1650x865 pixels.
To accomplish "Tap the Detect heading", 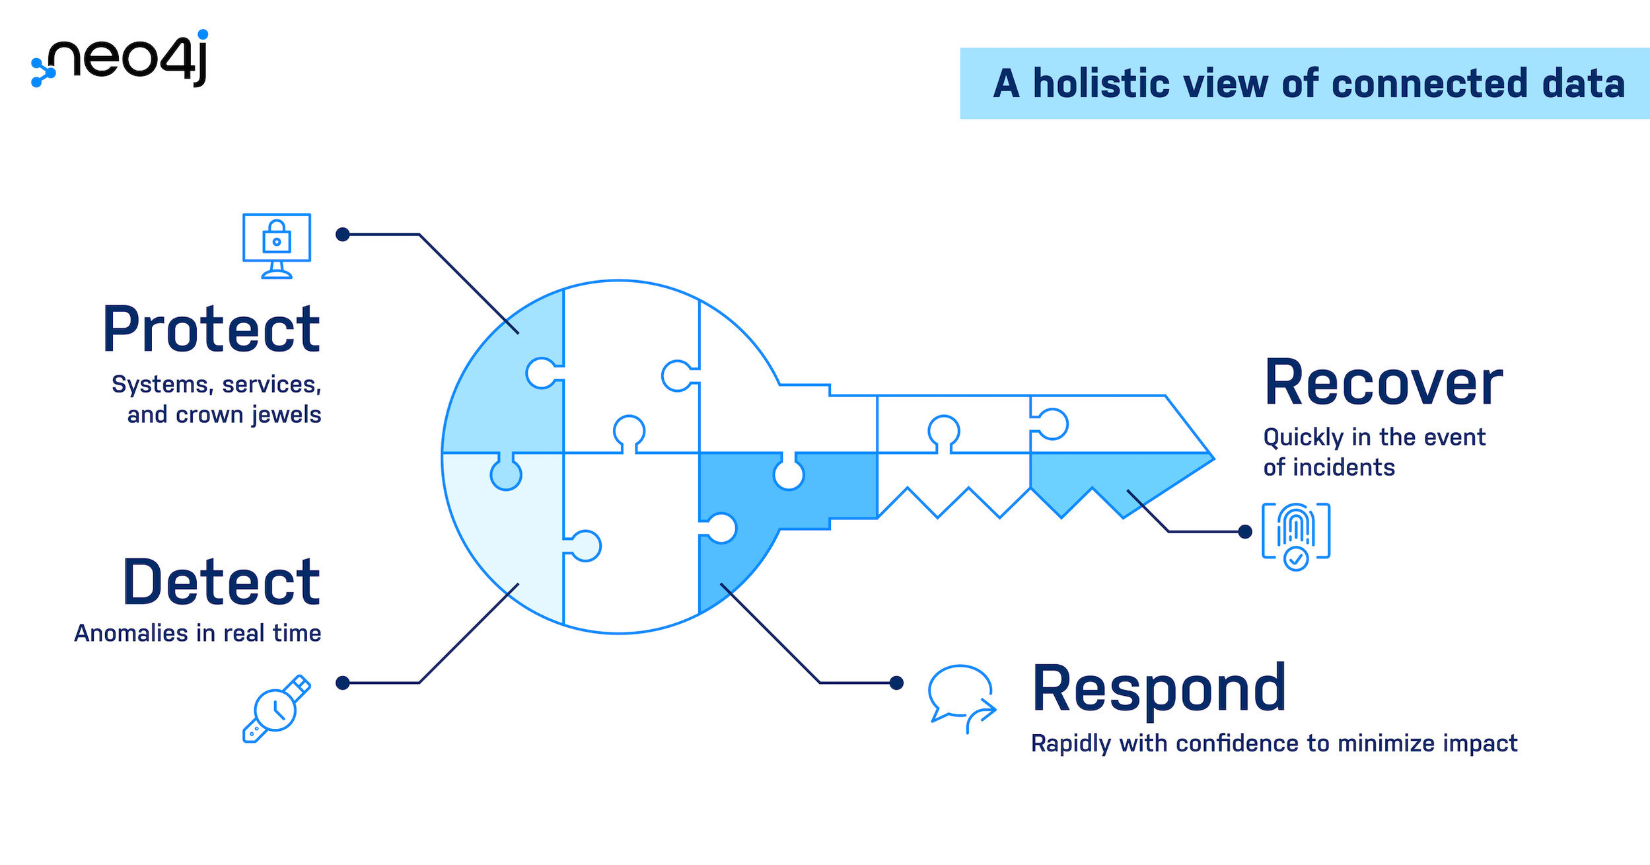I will point(221,582).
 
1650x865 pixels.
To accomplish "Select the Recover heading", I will point(1383,383).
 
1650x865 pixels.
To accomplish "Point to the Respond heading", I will point(1159,689).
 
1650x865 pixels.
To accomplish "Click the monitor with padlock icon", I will point(277,245).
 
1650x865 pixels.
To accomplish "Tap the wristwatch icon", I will point(276,708).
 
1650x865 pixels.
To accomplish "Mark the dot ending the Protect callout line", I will point(342,235).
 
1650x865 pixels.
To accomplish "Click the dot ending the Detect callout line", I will point(342,683).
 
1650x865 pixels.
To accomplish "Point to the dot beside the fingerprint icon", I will point(1244,531).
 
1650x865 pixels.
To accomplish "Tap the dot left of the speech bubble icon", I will point(896,683).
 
